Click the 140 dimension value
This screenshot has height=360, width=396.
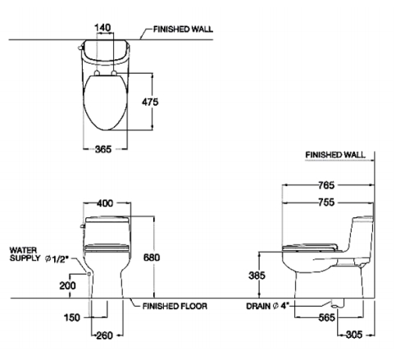(102, 28)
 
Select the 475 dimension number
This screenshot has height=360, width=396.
(150, 102)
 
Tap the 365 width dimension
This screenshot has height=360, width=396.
(103, 149)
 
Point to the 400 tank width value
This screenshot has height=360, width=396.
(104, 203)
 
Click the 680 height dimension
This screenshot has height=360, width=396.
(152, 257)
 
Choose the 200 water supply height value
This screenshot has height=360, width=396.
(68, 285)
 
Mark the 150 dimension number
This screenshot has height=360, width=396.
(72, 317)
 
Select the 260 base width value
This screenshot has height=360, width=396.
(105, 335)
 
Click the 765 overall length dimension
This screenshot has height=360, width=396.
(326, 185)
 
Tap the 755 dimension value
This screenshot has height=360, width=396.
(326, 203)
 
